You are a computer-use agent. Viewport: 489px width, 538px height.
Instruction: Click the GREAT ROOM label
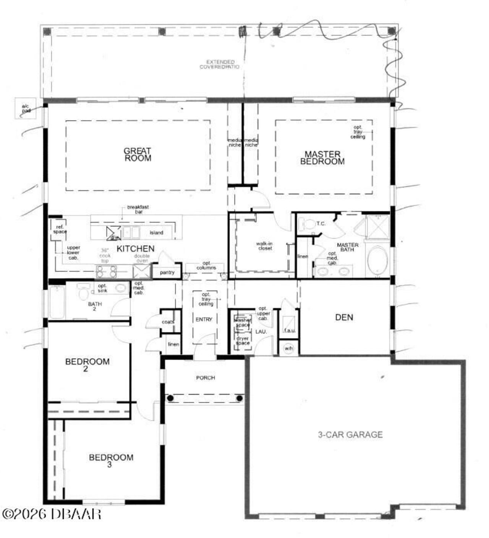click(137, 155)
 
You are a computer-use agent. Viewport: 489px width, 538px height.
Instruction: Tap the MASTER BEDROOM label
click(322, 158)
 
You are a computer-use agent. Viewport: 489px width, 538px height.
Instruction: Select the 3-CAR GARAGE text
click(350, 435)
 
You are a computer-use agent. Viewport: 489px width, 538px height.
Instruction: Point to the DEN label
click(344, 317)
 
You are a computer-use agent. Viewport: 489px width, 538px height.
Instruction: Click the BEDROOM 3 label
click(111, 461)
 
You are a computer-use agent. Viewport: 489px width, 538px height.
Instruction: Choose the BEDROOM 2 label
click(87, 365)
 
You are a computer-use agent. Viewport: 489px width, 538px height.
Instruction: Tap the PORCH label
click(206, 378)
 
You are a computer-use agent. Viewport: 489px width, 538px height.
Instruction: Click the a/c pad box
click(26, 108)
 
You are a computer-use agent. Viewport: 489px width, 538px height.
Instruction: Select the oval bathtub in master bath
click(377, 261)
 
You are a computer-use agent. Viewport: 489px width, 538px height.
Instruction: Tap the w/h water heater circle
click(288, 349)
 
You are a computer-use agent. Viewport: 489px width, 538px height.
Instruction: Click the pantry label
click(167, 272)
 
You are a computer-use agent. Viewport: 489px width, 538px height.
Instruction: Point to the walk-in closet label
click(265, 246)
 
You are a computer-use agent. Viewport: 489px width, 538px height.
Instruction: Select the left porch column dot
click(170, 398)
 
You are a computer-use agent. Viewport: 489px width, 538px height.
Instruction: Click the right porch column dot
click(240, 398)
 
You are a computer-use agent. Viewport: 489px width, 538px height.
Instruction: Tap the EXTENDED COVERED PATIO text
click(220, 64)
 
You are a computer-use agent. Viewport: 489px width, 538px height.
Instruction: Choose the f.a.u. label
click(289, 330)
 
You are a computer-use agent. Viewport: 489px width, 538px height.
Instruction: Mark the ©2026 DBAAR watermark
click(52, 514)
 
